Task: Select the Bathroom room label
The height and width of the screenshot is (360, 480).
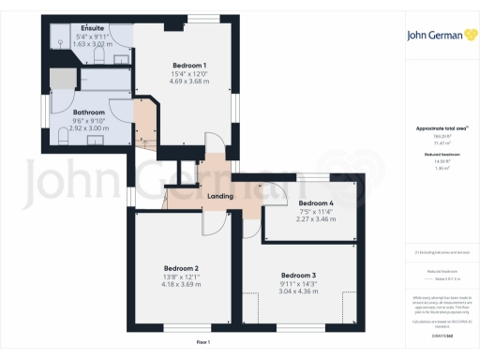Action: (x=89, y=112)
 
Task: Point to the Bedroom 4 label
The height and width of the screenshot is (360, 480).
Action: (x=315, y=202)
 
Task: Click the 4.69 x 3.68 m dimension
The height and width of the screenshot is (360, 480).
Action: (x=189, y=82)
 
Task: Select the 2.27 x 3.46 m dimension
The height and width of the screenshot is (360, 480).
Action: (x=315, y=218)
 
